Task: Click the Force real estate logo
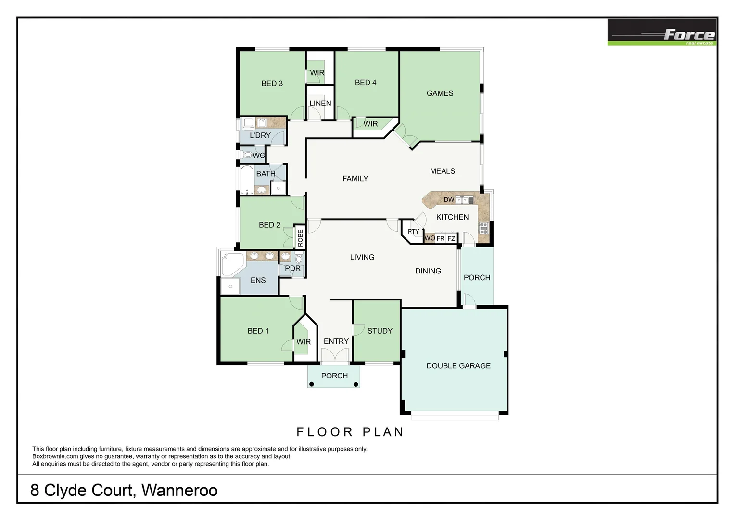click(x=661, y=32)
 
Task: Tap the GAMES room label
click(x=440, y=93)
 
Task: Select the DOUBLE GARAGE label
click(x=458, y=366)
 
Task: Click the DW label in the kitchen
click(x=449, y=200)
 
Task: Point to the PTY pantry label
click(x=413, y=232)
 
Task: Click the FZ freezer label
click(x=451, y=238)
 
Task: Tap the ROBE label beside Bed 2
click(x=300, y=238)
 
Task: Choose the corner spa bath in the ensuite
click(x=232, y=264)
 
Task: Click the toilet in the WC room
click(x=247, y=155)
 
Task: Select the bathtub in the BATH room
click(x=247, y=179)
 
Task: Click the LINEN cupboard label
click(x=320, y=104)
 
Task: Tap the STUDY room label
click(x=380, y=331)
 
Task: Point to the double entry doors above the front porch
click(x=334, y=355)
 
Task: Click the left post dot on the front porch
click(x=312, y=384)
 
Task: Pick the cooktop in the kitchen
click(x=483, y=228)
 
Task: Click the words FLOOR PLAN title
click(x=350, y=432)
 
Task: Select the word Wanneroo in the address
click(x=179, y=491)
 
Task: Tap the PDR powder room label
click(x=292, y=269)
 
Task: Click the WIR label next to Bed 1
click(x=303, y=342)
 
